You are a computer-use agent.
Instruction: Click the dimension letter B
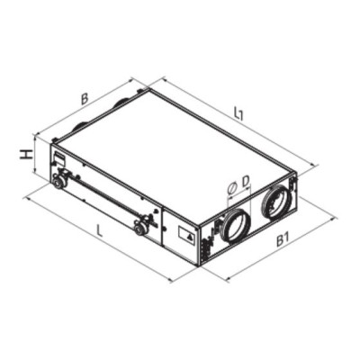[x=85, y=99]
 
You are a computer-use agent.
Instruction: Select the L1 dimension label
[x=238, y=114]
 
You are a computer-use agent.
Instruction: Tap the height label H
[x=28, y=155]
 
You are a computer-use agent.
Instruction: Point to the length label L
[x=100, y=231]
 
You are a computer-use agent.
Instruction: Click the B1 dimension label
[x=283, y=240]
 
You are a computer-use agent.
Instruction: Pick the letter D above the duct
[x=246, y=181]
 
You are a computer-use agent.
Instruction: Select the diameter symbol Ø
[x=232, y=188]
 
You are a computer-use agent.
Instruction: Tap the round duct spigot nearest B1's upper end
[x=276, y=202]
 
